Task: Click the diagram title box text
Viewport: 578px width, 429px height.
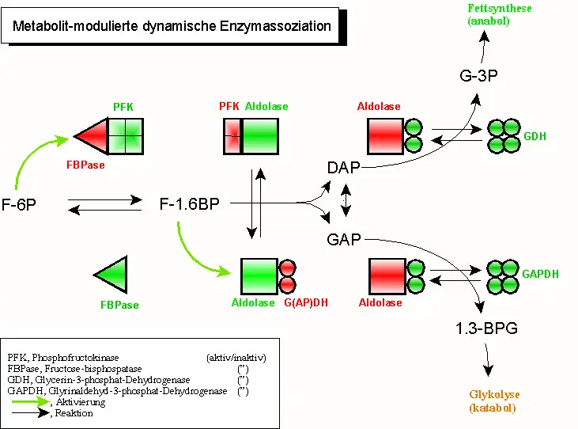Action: pos(172,26)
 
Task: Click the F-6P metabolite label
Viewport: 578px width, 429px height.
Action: pos(20,204)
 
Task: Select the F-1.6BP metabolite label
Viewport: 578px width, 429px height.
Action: pos(189,203)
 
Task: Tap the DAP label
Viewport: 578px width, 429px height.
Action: pos(344,167)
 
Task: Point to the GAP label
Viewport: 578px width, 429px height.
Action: pos(344,239)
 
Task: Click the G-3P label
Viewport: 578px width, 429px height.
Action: pos(478,77)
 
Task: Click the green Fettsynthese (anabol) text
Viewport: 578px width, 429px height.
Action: pos(489,14)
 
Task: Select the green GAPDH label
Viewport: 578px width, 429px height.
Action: pos(540,274)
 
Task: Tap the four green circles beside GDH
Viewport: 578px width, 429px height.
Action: pos(504,136)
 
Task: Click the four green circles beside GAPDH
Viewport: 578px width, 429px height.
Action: pos(504,276)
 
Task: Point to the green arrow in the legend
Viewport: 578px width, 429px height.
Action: pos(28,402)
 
